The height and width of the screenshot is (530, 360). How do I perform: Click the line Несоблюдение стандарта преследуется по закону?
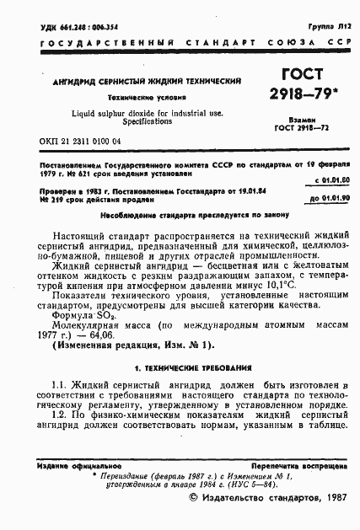180,213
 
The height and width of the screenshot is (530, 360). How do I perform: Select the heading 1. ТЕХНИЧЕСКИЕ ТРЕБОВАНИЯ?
180,369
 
